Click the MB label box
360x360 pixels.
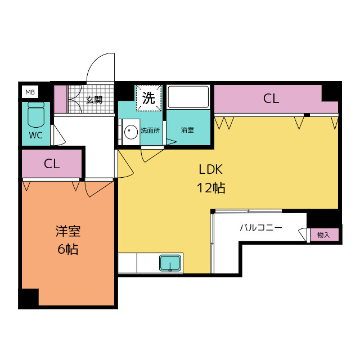point(29,91)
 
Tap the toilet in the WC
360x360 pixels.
point(35,115)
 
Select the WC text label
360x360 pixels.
point(35,135)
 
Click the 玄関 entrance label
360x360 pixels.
point(93,100)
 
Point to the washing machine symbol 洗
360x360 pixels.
point(148,98)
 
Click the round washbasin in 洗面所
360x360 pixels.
point(130,133)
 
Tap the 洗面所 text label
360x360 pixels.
point(150,130)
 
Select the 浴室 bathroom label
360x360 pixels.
point(187,130)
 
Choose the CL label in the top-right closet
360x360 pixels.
point(271,99)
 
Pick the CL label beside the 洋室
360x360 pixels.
point(52,164)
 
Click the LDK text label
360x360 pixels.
point(211,169)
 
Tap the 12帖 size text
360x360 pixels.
point(211,188)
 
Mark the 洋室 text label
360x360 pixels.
point(68,231)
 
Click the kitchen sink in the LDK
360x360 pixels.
point(170,263)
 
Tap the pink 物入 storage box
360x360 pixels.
point(324,235)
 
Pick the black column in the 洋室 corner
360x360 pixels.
point(29,298)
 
